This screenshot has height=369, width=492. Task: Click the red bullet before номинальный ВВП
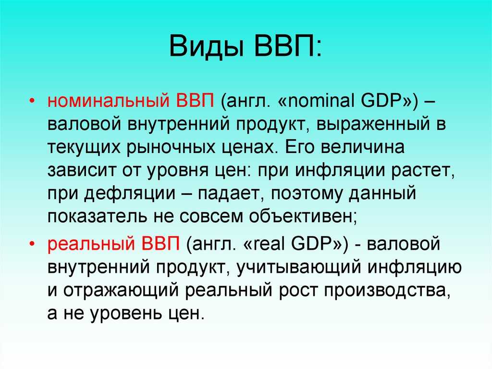[x=32, y=101]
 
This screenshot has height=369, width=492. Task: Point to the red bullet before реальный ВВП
[x=32, y=243]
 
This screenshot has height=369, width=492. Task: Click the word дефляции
[x=130, y=193]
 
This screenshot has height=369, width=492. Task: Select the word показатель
[x=98, y=216]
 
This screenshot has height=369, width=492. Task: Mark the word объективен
[x=303, y=216]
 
